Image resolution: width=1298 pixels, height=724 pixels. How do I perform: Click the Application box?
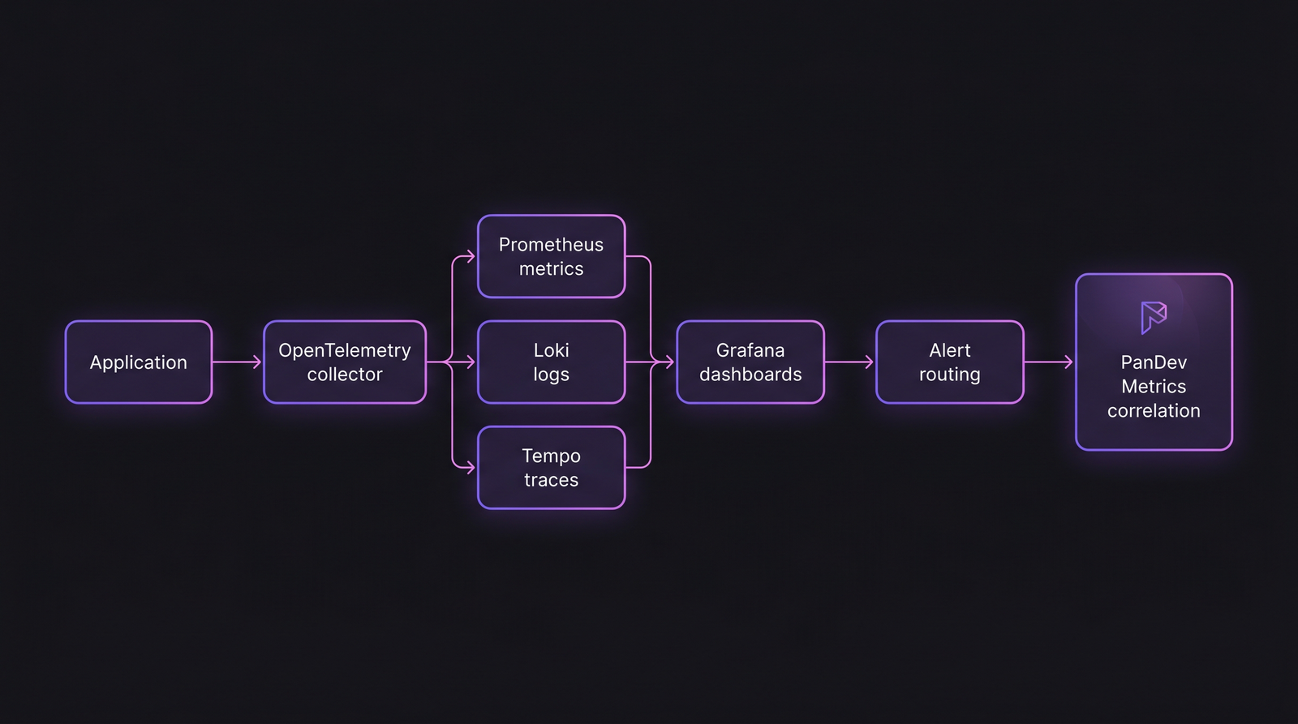pyautogui.click(x=139, y=362)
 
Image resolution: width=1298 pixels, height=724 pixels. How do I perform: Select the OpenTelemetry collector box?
pyautogui.click(x=345, y=362)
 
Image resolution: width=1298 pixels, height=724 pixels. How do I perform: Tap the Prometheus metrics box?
pyautogui.click(x=552, y=256)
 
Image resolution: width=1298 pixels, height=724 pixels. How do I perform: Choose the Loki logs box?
pyautogui.click(x=552, y=362)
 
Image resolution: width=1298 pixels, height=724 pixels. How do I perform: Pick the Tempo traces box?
pyautogui.click(x=552, y=468)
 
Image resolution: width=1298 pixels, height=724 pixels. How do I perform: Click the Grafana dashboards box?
pyautogui.click(x=750, y=362)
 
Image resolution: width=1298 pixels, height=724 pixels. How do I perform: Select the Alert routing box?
pyautogui.click(x=950, y=362)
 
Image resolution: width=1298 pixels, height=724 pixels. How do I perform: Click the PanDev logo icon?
pyautogui.click(x=1154, y=317)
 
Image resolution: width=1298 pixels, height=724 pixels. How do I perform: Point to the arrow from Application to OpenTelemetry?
pyautogui.click(x=237, y=362)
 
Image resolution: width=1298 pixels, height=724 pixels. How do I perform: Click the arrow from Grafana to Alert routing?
pyautogui.click(x=849, y=362)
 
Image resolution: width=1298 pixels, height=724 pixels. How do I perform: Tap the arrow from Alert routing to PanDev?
pyautogui.click(x=1049, y=362)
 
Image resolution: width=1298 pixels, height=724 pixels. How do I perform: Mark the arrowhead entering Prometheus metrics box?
pyautogui.click(x=470, y=257)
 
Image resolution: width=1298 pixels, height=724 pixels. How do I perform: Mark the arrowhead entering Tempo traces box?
pyautogui.click(x=470, y=468)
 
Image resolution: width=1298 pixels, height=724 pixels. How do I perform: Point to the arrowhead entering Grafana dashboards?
pyautogui.click(x=669, y=362)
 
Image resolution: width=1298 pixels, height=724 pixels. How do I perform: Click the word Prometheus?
pyautogui.click(x=551, y=245)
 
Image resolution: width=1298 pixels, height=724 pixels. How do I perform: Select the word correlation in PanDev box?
pyautogui.click(x=1154, y=411)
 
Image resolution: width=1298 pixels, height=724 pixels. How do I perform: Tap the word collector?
pyautogui.click(x=345, y=375)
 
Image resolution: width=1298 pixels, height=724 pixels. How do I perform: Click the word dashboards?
pyautogui.click(x=750, y=375)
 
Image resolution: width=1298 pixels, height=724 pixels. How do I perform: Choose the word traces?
pyautogui.click(x=551, y=480)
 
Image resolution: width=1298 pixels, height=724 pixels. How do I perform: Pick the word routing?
pyautogui.click(x=949, y=375)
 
